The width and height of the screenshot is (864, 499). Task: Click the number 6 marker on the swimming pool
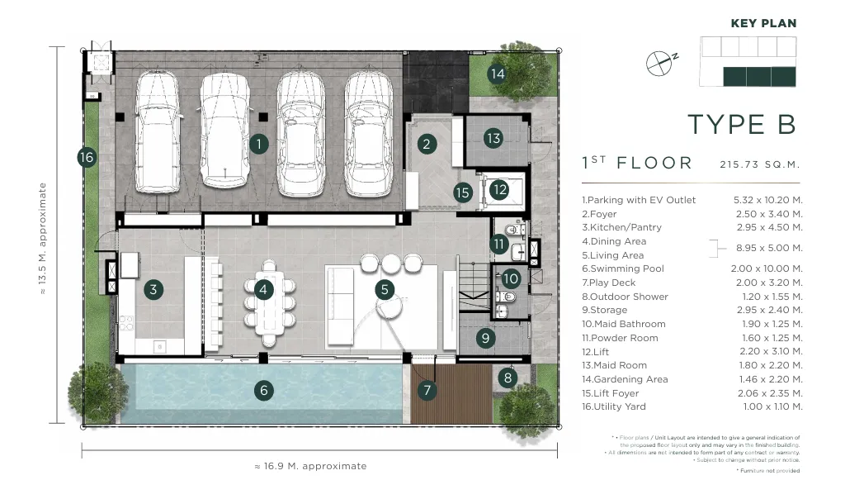tap(264, 391)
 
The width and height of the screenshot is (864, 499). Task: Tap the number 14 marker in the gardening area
tap(497, 74)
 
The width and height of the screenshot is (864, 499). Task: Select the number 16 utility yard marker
tap(87, 158)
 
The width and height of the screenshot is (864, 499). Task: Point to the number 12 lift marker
tap(499, 190)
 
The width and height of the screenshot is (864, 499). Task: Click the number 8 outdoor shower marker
tap(508, 378)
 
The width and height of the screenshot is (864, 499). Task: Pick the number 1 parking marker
tap(259, 145)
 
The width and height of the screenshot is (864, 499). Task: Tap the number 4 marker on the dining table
tap(263, 289)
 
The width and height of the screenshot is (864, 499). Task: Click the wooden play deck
tap(452, 393)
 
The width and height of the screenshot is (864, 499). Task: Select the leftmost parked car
tap(158, 132)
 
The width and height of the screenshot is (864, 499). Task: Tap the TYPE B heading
tap(742, 125)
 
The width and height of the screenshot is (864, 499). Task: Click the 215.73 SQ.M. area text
tap(759, 164)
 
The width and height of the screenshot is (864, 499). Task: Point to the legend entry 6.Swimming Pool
tap(623, 269)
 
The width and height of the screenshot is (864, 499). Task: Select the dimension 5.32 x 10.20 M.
tap(767, 200)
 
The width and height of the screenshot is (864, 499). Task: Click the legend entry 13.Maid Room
tap(615, 365)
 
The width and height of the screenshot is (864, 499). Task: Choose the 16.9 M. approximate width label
tap(310, 466)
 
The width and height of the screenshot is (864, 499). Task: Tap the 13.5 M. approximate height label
tap(42, 239)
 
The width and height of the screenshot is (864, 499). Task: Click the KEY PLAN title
tap(763, 23)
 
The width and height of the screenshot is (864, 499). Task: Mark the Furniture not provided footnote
tap(768, 470)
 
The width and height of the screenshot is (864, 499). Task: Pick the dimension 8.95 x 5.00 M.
tap(769, 248)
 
